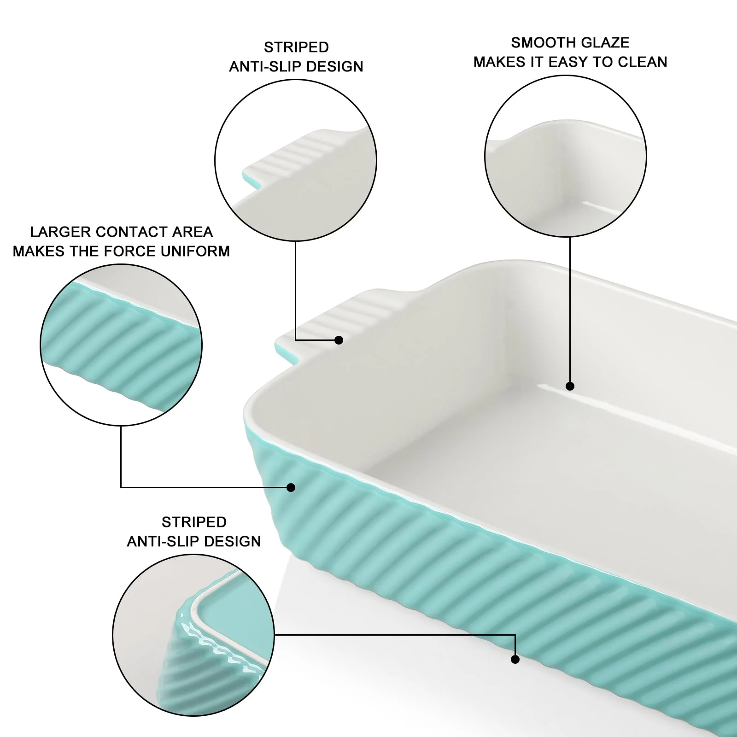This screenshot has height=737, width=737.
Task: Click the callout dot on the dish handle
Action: pyautogui.click(x=339, y=340)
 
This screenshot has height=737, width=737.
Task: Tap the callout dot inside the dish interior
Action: pyautogui.click(x=570, y=386)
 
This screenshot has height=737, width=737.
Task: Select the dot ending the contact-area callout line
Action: pyautogui.click(x=291, y=487)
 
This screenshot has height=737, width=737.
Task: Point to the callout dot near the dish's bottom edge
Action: pyautogui.click(x=515, y=660)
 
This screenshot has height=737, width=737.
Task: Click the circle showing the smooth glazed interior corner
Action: pyautogui.click(x=566, y=156)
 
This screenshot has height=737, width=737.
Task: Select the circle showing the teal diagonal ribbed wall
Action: pyautogui.click(x=121, y=345)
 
